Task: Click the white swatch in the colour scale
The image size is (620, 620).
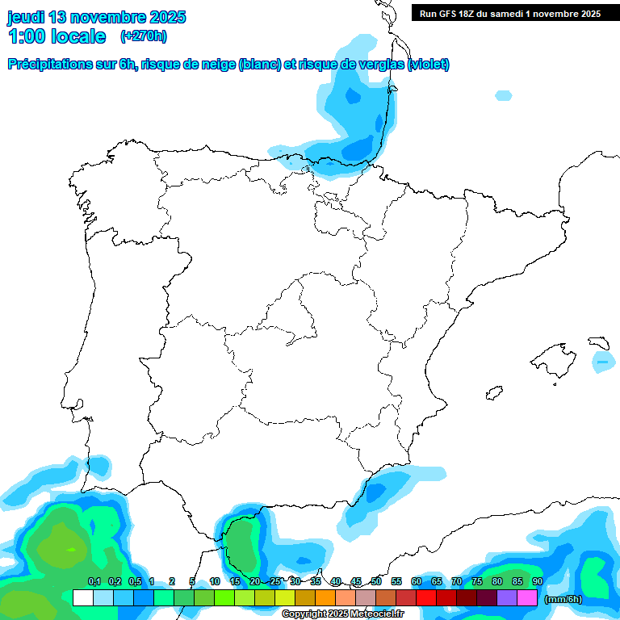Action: pyautogui.click(x=82, y=597)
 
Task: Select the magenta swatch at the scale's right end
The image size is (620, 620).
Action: pyautogui.click(x=527, y=597)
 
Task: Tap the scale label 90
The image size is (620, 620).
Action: pyautogui.click(x=538, y=581)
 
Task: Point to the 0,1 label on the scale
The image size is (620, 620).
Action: pyautogui.click(x=94, y=581)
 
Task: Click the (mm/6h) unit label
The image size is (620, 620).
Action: pyautogui.click(x=563, y=599)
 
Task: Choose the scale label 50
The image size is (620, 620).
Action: pyautogui.click(x=376, y=581)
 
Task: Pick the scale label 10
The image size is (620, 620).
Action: pyautogui.click(x=215, y=581)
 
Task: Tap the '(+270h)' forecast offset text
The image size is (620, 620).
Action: pyautogui.click(x=144, y=36)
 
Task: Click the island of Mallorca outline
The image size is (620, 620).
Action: pyautogui.click(x=556, y=356)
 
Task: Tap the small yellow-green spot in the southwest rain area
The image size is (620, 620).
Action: pyautogui.click(x=72, y=549)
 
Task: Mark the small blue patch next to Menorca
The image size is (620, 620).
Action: pyautogui.click(x=602, y=362)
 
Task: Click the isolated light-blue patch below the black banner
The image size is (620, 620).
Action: pyautogui.click(x=503, y=95)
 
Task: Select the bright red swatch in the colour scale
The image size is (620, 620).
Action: pyautogui.click(x=426, y=597)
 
